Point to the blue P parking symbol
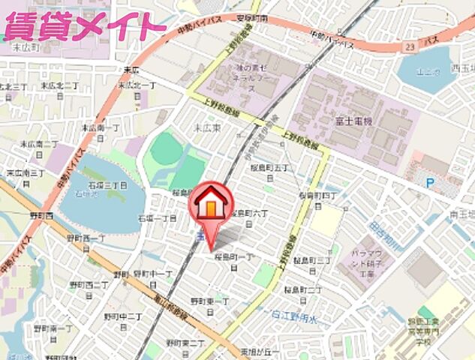click(x=429, y=181)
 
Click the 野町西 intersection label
click(x=41, y=216)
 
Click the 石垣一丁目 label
click(x=157, y=218)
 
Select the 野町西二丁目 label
click(x=89, y=285)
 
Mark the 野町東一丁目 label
click(x=212, y=303)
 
